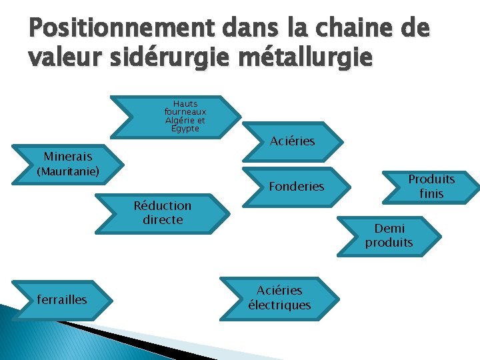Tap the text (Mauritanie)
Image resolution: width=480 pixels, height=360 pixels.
click(x=67, y=172)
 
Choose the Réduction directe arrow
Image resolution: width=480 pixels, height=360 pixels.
click(x=163, y=213)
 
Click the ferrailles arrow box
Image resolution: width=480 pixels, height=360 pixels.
click(x=62, y=299)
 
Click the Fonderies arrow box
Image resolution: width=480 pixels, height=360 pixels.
click(x=296, y=187)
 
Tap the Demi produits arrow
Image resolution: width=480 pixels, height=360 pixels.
click(x=389, y=235)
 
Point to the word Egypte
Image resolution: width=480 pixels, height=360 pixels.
click(x=185, y=129)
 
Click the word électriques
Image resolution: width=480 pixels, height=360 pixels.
click(x=279, y=305)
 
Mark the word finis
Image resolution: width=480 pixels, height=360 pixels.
click(x=431, y=194)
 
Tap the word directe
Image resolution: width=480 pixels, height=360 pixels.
click(x=163, y=220)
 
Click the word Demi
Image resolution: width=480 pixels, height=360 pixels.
click(x=389, y=229)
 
